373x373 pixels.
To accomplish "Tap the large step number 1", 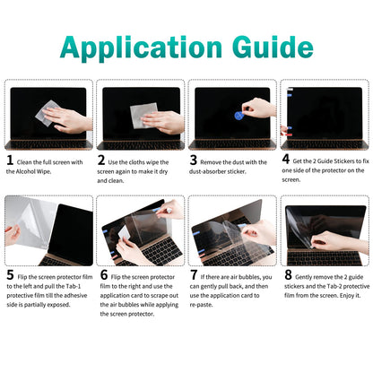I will [10, 161].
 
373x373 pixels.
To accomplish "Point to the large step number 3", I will [194, 161].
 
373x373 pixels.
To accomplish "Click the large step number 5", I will [10, 276].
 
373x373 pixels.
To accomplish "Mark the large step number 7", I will [194, 276].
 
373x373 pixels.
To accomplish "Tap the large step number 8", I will [287, 276].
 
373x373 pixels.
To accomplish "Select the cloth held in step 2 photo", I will [143, 116].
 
